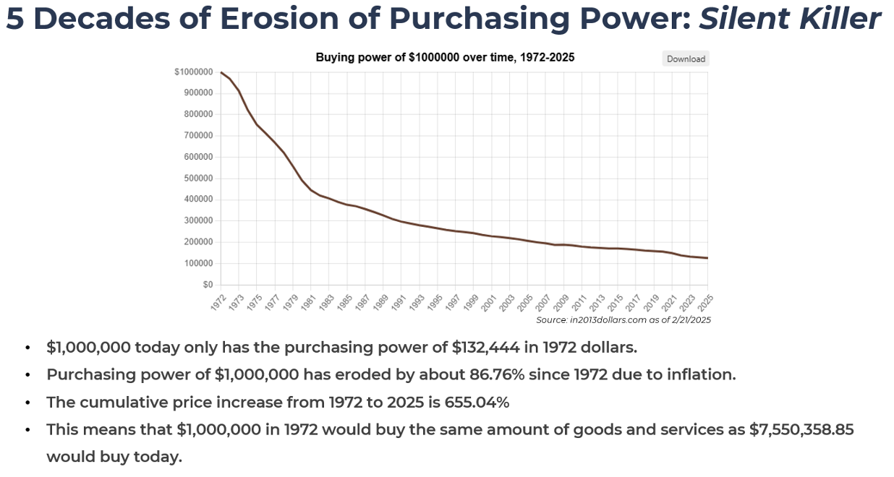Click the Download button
click(x=686, y=59)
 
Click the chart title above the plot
click(x=445, y=57)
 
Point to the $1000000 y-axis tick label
click(x=193, y=72)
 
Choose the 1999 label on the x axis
click(x=472, y=302)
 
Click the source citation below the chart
click(x=623, y=319)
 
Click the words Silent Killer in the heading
click(x=790, y=19)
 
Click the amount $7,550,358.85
click(x=801, y=429)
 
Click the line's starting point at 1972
click(x=221, y=72)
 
